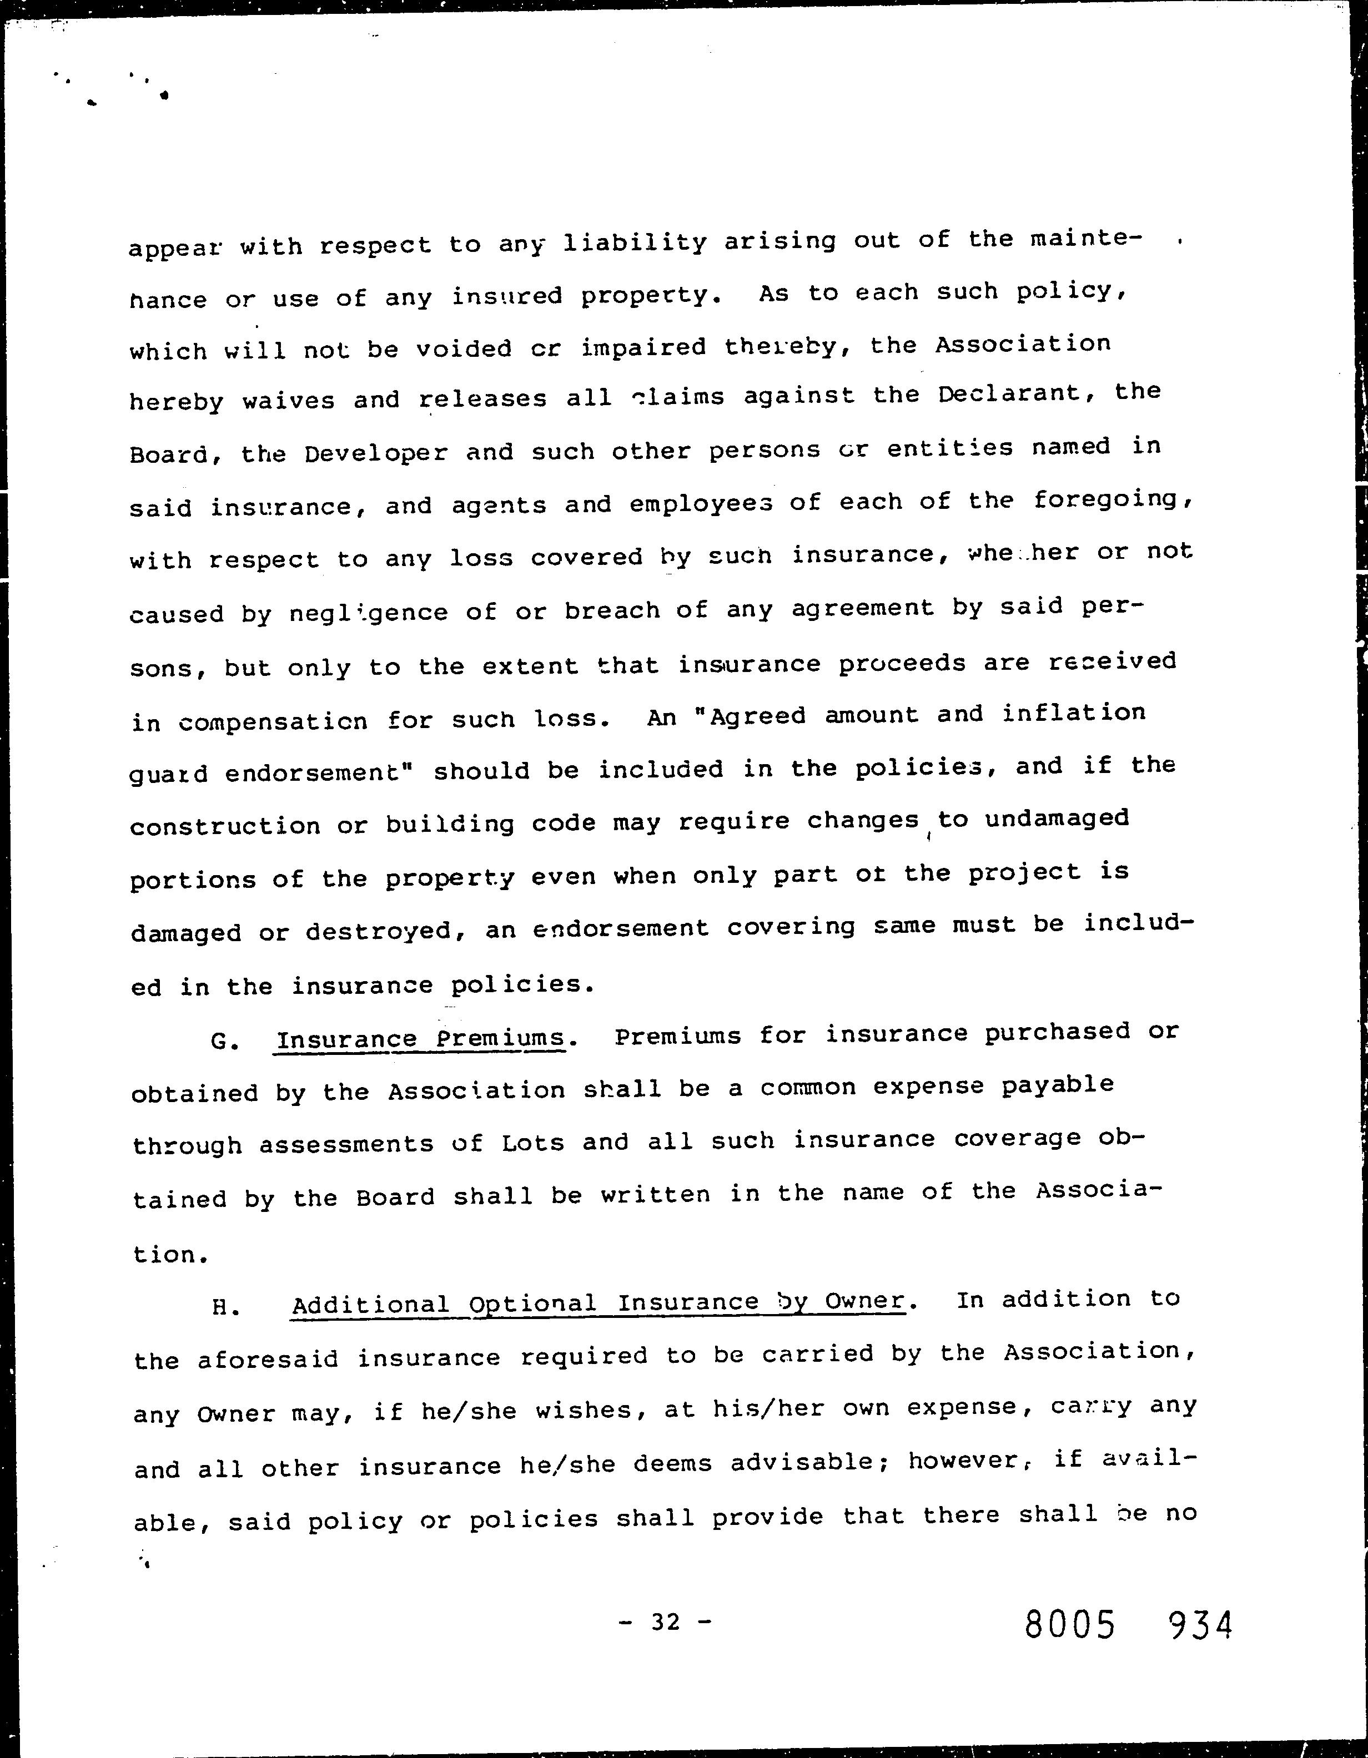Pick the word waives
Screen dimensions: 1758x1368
coord(288,400)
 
